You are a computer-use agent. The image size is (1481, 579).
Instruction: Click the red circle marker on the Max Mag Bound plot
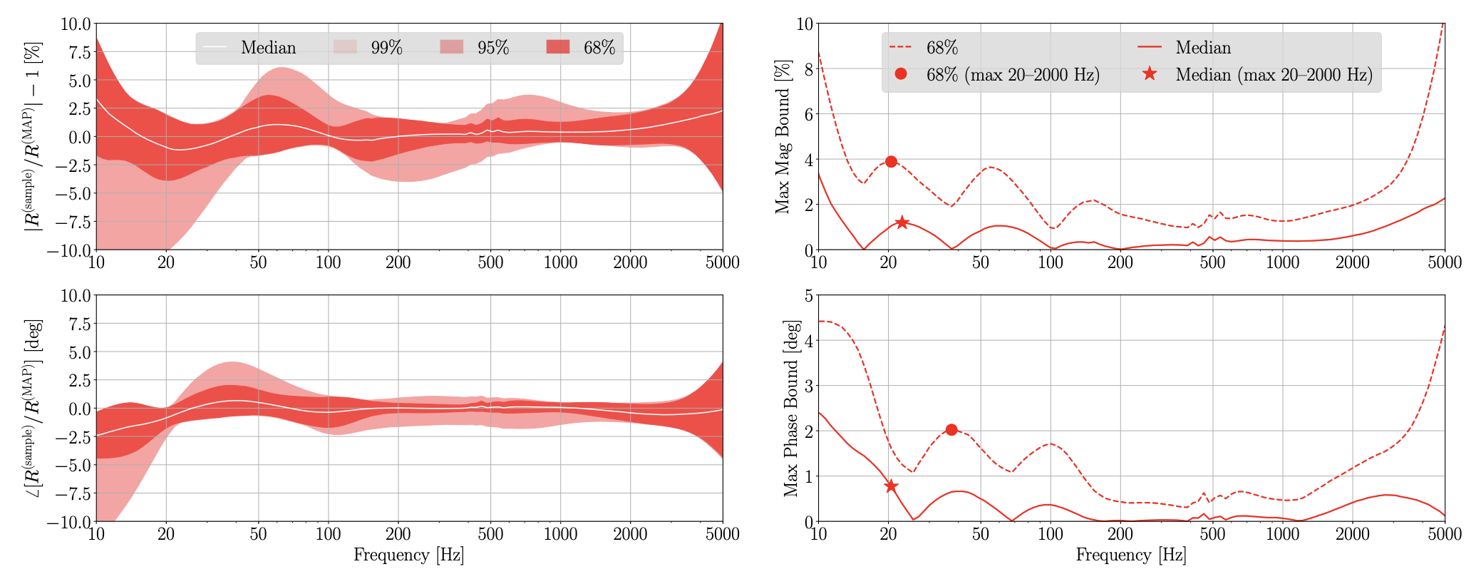tap(891, 162)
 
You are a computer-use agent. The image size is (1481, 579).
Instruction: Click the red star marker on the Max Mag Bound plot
tap(902, 222)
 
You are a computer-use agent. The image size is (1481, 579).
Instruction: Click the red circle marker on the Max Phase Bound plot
tap(951, 430)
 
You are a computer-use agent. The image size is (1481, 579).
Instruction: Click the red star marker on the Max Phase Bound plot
tap(891, 486)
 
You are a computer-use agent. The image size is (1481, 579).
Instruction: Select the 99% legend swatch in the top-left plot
tap(345, 48)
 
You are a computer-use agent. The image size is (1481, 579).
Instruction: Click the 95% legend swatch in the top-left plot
tap(452, 48)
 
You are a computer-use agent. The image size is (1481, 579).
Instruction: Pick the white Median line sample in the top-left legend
tap(215, 48)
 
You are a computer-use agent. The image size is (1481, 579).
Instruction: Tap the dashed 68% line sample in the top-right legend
tap(901, 48)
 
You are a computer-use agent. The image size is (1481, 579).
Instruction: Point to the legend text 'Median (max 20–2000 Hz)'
tap(1274, 74)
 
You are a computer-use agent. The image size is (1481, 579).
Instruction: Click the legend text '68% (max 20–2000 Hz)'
tap(1012, 74)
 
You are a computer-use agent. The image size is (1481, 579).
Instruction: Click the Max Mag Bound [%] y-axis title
tap(783, 137)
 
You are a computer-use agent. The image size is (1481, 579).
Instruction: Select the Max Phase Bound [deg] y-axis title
tap(791, 408)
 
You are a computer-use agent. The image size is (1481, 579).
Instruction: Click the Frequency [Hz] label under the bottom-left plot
tap(408, 555)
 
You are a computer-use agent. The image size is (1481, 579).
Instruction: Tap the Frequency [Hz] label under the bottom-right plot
tap(1131, 555)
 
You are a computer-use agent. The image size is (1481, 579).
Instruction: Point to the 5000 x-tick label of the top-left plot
tap(723, 262)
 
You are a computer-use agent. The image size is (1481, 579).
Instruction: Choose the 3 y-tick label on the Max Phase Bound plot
tap(808, 385)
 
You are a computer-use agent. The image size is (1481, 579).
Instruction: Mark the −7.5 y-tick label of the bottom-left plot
tap(69, 493)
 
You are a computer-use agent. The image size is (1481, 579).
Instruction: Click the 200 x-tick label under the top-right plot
tap(1120, 262)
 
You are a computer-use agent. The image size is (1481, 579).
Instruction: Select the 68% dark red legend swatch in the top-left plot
tap(558, 48)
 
